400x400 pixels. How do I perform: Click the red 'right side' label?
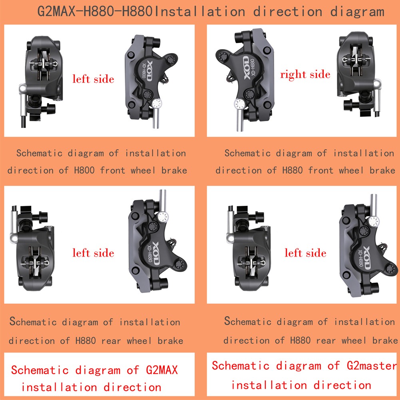click(305, 75)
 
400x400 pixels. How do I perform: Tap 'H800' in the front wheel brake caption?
click(84, 170)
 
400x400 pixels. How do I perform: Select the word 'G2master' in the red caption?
click(372, 366)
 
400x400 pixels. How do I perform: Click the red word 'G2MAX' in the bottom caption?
click(162, 370)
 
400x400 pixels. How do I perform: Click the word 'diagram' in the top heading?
click(357, 12)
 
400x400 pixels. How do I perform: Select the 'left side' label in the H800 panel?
click(93, 79)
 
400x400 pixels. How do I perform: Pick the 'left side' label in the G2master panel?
click(305, 253)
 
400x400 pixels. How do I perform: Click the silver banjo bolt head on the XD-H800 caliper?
click(156, 104)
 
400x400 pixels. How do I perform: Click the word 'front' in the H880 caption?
click(320, 170)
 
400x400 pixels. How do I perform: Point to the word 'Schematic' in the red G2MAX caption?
click(40, 370)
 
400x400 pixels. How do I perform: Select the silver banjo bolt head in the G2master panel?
click(374, 221)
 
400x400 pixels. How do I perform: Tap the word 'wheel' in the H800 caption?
click(143, 170)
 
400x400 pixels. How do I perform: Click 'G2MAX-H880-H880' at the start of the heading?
click(95, 12)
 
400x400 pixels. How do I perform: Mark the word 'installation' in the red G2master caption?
click(269, 385)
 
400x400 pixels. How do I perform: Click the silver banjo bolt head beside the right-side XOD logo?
click(239, 104)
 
